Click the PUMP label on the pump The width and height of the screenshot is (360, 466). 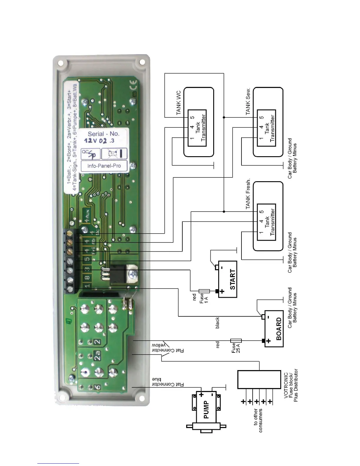coord(206,410)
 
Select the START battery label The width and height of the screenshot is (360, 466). coord(232,279)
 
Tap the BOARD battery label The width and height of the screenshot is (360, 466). coord(279,329)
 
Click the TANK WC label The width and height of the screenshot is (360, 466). coord(179,102)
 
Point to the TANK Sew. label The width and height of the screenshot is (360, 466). coord(248,101)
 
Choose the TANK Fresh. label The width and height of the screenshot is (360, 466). coord(248,194)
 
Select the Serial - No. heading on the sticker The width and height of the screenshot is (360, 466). coord(103,134)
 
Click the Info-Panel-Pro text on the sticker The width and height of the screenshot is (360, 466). coord(104,166)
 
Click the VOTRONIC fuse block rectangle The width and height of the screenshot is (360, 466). coord(259,379)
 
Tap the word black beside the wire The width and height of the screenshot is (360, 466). coord(217,323)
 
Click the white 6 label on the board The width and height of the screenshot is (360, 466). coord(97,387)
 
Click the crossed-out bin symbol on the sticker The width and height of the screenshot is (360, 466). coord(114,153)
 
